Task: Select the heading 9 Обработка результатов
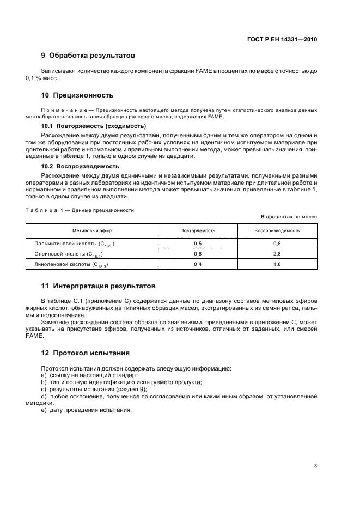click(88, 55)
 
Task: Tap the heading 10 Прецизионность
click(77, 95)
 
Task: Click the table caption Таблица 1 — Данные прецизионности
click(80, 210)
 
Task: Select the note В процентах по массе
click(289, 217)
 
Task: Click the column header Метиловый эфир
click(92, 230)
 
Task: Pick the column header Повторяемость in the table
click(198, 230)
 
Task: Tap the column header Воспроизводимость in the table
click(277, 230)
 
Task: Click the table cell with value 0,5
click(198, 244)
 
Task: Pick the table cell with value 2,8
click(277, 254)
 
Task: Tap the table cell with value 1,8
click(277, 264)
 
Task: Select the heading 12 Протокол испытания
click(86, 353)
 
